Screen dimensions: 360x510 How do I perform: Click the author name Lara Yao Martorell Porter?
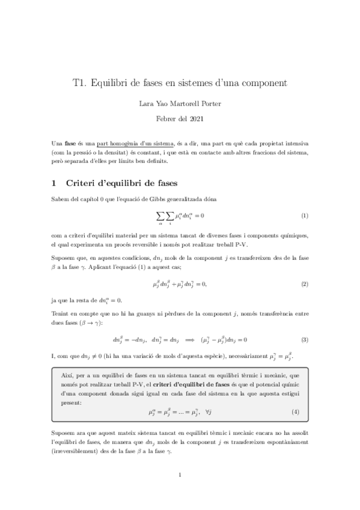click(180, 103)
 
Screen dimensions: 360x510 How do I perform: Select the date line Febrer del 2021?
click(180, 118)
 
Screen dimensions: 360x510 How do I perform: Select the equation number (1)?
click(304, 215)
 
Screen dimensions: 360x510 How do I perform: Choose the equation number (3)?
click(304, 340)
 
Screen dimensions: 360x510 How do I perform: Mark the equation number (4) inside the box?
click(295, 412)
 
